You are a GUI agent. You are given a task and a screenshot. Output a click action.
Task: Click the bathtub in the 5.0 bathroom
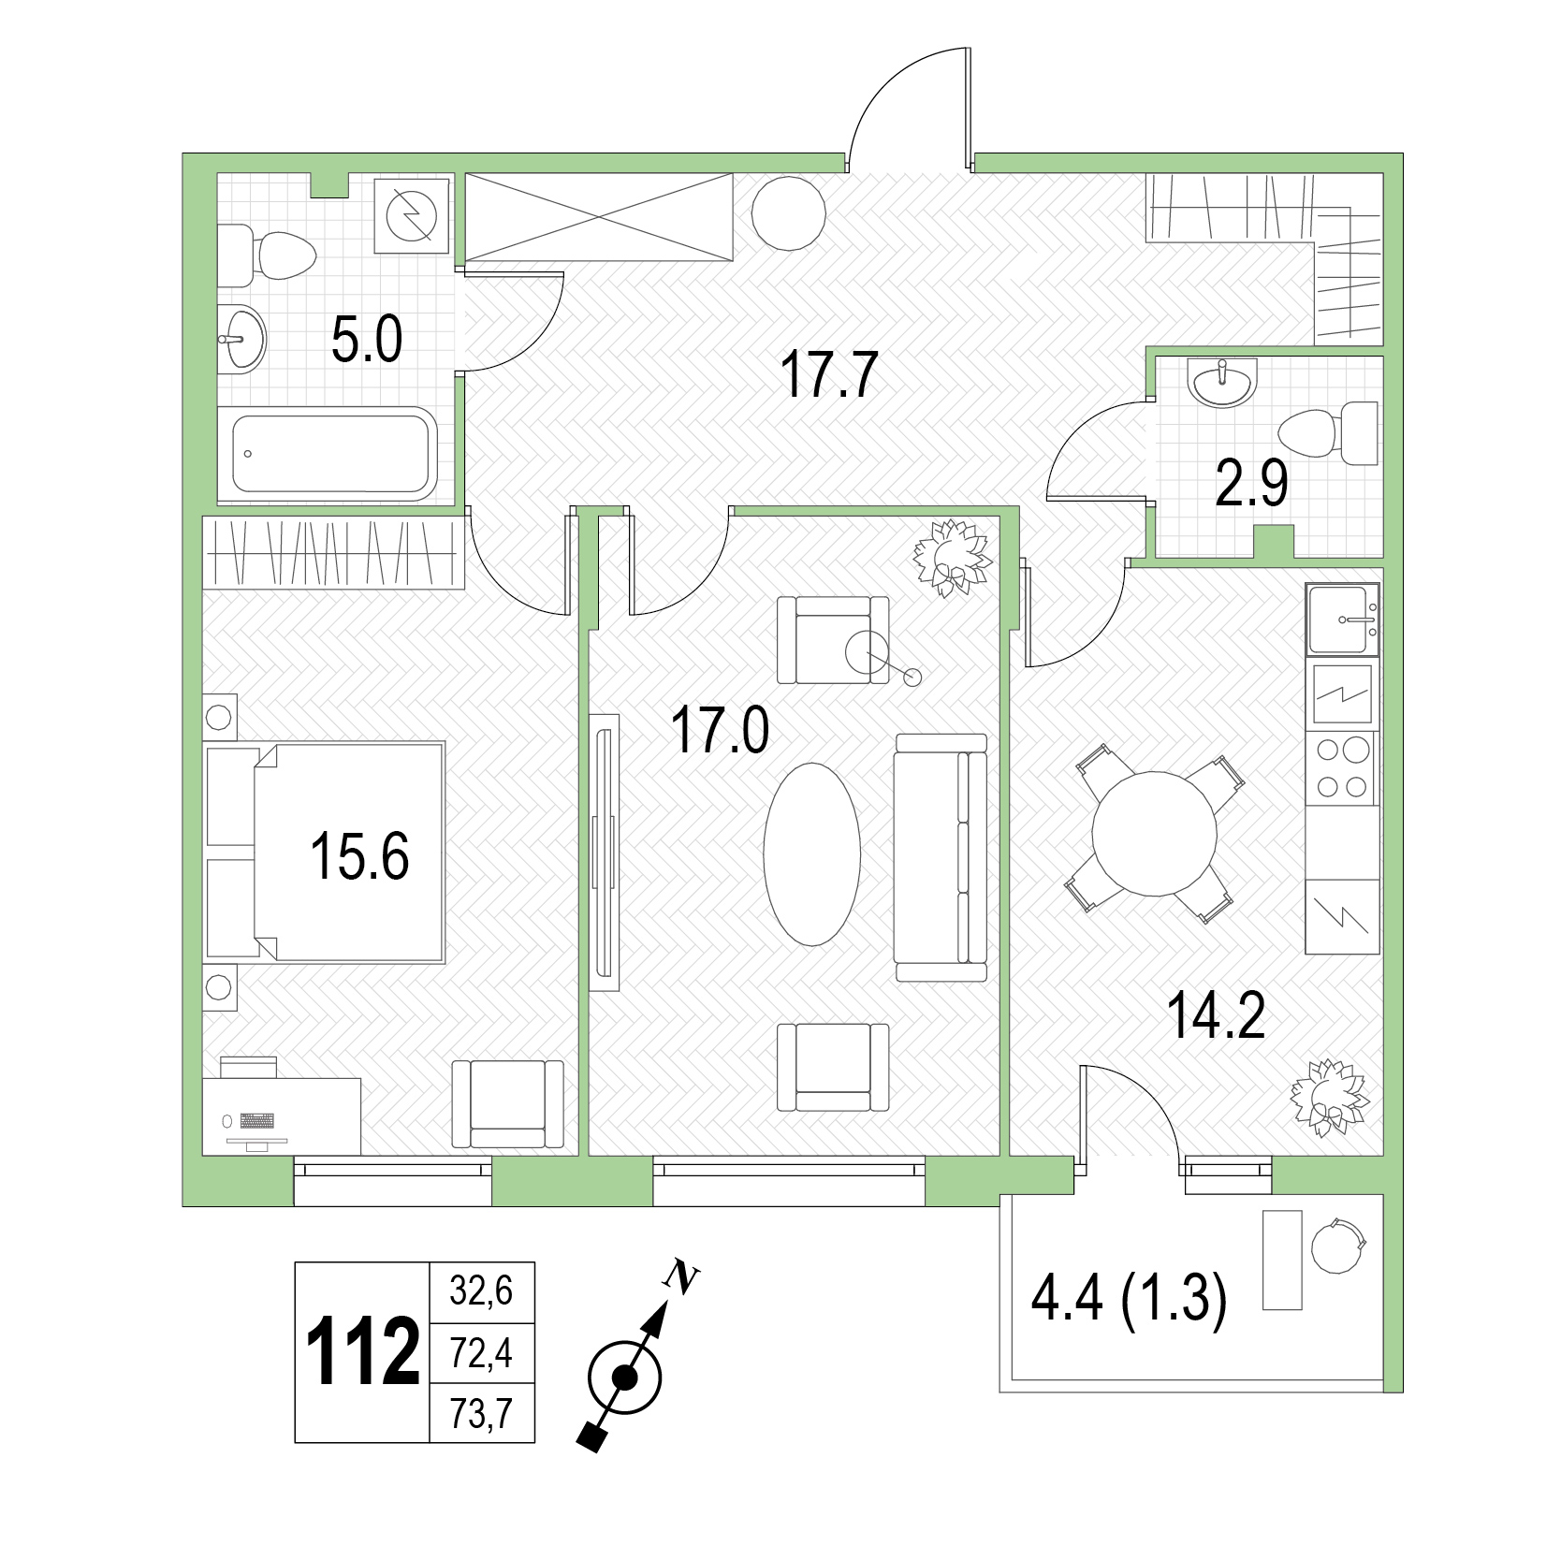coord(334,454)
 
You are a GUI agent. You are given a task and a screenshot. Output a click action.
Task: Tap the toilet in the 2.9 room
coord(1328,433)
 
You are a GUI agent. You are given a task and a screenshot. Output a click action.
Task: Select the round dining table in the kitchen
coord(1156,833)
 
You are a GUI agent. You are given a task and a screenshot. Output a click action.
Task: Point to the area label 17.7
coord(829,375)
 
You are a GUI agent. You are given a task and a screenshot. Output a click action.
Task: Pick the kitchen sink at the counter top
coord(1343,619)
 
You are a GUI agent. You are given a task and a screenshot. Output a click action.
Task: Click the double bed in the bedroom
coord(324,853)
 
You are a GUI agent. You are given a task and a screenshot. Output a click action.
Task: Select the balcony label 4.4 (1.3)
coord(1128,1300)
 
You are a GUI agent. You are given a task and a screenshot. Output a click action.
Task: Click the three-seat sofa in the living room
coord(941,857)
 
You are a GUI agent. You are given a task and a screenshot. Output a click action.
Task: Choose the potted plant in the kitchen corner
coord(1329,1098)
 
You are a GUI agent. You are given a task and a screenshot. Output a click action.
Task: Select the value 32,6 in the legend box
coord(481,1291)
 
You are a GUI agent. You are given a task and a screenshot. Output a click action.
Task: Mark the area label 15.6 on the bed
coord(359,856)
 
